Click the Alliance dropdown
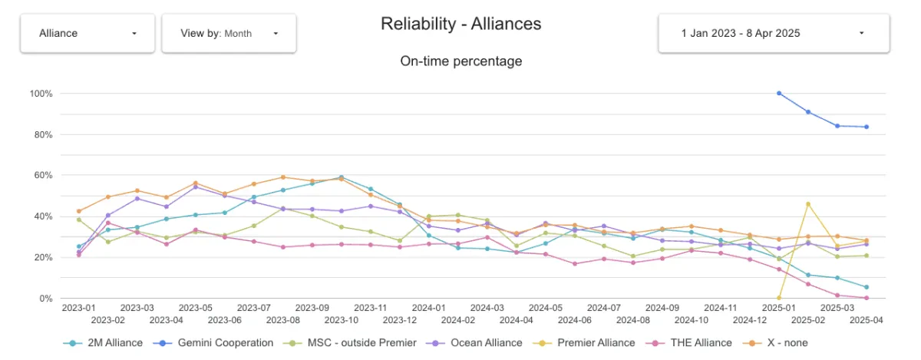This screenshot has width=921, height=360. [87, 33]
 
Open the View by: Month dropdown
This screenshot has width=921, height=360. [229, 33]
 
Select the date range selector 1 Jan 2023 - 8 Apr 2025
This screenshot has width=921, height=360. [773, 33]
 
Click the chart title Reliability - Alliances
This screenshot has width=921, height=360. [460, 24]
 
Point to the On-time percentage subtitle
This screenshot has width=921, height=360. [460, 61]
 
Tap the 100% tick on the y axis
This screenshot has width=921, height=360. [41, 94]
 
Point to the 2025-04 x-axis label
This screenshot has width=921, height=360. [867, 319]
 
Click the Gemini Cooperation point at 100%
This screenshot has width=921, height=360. [779, 94]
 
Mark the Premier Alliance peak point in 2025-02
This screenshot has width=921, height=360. [808, 204]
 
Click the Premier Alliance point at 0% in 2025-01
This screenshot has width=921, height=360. [779, 298]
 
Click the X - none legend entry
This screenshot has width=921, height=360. [780, 343]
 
